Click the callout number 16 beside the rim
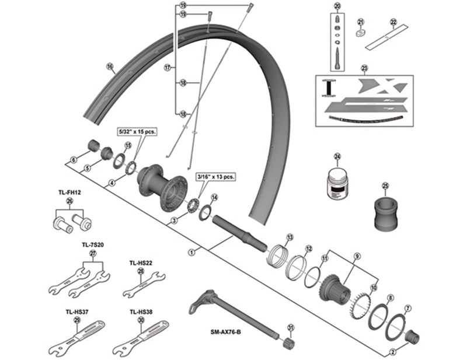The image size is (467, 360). pyautogui.click(x=110, y=67)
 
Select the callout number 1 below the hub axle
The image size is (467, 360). pyautogui.click(x=190, y=253)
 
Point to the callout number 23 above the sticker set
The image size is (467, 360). pyautogui.click(x=365, y=68)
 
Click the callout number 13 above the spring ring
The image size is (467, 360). pyautogui.click(x=289, y=237)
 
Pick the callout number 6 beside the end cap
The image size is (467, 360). pyautogui.click(x=74, y=160)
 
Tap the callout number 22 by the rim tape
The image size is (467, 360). pyautogui.click(x=393, y=22)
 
